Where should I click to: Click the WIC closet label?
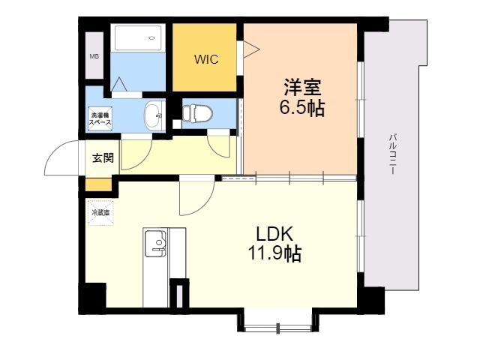[206, 59]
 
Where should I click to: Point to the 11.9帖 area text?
[275, 254]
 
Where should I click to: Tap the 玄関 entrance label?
[103, 158]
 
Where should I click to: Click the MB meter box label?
[94, 56]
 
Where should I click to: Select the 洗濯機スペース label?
[100, 118]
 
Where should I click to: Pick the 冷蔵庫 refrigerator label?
[100, 213]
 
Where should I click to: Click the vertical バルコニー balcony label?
[392, 154]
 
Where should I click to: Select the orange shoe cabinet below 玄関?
[97, 184]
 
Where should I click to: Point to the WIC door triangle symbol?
[249, 49]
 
